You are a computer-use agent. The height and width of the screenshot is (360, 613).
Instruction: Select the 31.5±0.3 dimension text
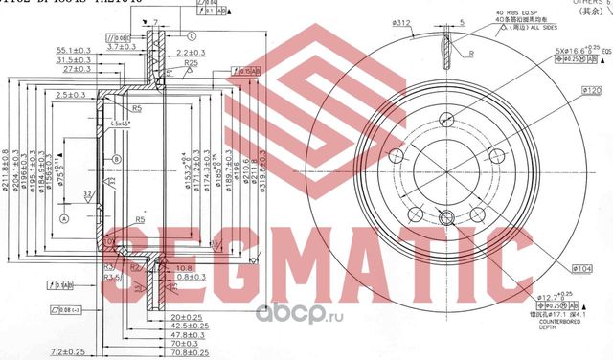point(72,59)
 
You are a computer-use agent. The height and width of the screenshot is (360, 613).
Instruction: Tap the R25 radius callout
point(193,62)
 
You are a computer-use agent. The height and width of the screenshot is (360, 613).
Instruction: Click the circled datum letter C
point(192,35)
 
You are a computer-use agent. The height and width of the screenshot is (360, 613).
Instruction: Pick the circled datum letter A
point(64,218)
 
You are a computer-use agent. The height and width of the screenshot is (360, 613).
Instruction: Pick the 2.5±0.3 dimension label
point(73,97)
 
